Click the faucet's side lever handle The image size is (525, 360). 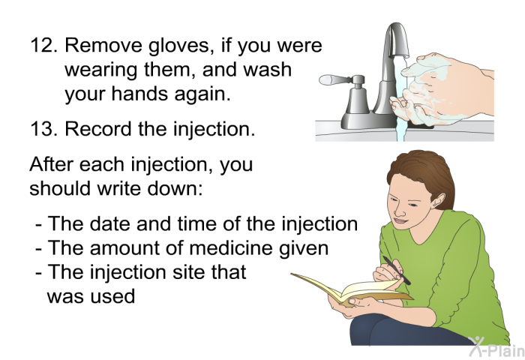(336, 80)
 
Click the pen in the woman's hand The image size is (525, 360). (396, 270)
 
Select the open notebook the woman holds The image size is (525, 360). (352, 290)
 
